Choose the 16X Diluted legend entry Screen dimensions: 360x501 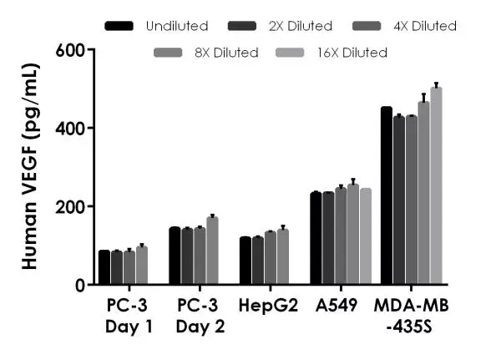click(x=351, y=53)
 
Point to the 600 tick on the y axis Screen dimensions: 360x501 click(x=69, y=50)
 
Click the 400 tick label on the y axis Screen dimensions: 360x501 click(x=69, y=129)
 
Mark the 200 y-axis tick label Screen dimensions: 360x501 click(x=69, y=206)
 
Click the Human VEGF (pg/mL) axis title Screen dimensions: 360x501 click(x=29, y=167)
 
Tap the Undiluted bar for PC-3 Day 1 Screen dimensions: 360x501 click(x=104, y=267)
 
